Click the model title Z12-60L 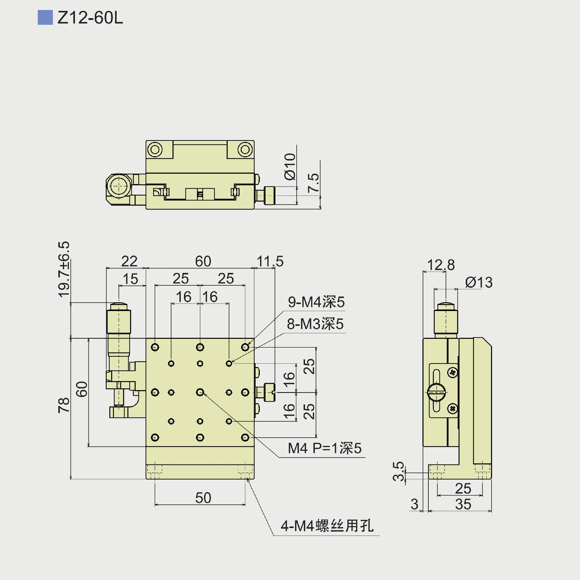(90, 18)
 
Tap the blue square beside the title (45, 18)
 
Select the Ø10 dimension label (290, 167)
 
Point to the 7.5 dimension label (313, 183)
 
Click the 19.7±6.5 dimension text (64, 269)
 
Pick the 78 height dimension (64, 405)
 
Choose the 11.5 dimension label (270, 261)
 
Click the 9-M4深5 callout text (316, 302)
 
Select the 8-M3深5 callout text (315, 324)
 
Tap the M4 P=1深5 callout (324, 448)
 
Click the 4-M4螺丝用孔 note (327, 526)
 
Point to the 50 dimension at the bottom (203, 498)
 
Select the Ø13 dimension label (479, 282)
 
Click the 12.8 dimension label (441, 265)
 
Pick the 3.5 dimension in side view (398, 471)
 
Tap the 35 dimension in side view (463, 504)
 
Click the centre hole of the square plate (200, 392)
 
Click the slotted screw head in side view (437, 392)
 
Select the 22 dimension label (129, 261)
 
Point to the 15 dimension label (130, 279)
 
